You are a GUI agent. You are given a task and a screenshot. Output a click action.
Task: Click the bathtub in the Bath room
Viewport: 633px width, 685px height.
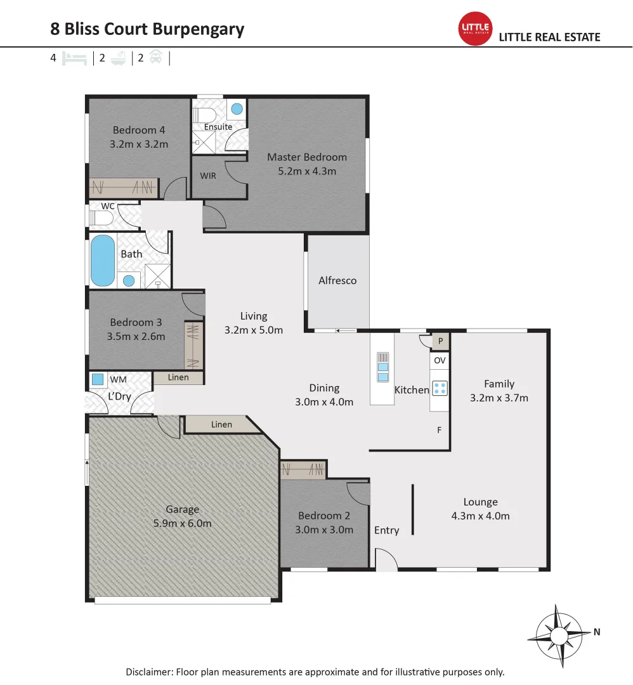(103, 260)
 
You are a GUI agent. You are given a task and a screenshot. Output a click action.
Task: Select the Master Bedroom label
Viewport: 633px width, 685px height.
(307, 157)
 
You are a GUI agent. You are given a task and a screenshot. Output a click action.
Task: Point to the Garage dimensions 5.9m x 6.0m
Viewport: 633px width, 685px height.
(182, 523)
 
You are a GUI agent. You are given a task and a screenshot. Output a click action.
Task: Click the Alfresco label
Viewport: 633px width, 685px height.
(337, 280)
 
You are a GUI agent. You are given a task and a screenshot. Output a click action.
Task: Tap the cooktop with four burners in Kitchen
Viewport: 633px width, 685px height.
(440, 388)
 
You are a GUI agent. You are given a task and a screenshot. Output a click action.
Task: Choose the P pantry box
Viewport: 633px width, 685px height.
(440, 342)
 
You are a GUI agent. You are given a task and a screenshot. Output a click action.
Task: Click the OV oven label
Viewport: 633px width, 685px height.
(440, 360)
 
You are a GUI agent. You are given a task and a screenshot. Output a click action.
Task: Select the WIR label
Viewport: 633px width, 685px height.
(208, 176)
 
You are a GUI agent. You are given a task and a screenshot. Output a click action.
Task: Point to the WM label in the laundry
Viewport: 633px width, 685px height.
(118, 379)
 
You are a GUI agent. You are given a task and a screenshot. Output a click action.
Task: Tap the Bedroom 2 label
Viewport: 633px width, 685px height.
(324, 516)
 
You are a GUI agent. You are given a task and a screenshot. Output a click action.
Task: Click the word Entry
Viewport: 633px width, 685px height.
(386, 530)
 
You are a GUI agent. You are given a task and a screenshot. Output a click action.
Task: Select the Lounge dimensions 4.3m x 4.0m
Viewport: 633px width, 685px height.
(480, 516)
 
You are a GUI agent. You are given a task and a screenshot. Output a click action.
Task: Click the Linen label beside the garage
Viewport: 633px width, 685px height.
(222, 424)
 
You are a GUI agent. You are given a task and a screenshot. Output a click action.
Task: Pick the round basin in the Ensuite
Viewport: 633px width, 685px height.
(237, 109)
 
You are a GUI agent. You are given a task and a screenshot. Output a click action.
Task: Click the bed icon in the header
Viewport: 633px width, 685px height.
(75, 58)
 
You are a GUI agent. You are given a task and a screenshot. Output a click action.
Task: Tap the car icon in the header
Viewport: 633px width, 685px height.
(156, 58)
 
